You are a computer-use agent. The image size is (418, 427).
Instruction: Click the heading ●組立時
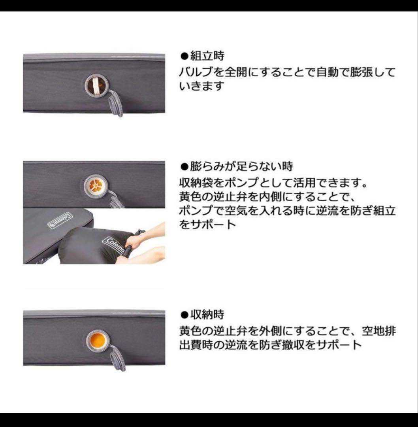tap(202, 56)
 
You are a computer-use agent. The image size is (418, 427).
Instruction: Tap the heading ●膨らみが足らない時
tap(236, 166)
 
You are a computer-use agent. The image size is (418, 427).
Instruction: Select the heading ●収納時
tap(202, 315)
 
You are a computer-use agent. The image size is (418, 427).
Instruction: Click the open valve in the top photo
tap(96, 85)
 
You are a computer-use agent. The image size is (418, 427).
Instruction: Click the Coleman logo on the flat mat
tap(60, 220)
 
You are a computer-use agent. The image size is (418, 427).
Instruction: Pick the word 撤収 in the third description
tap(295, 344)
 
